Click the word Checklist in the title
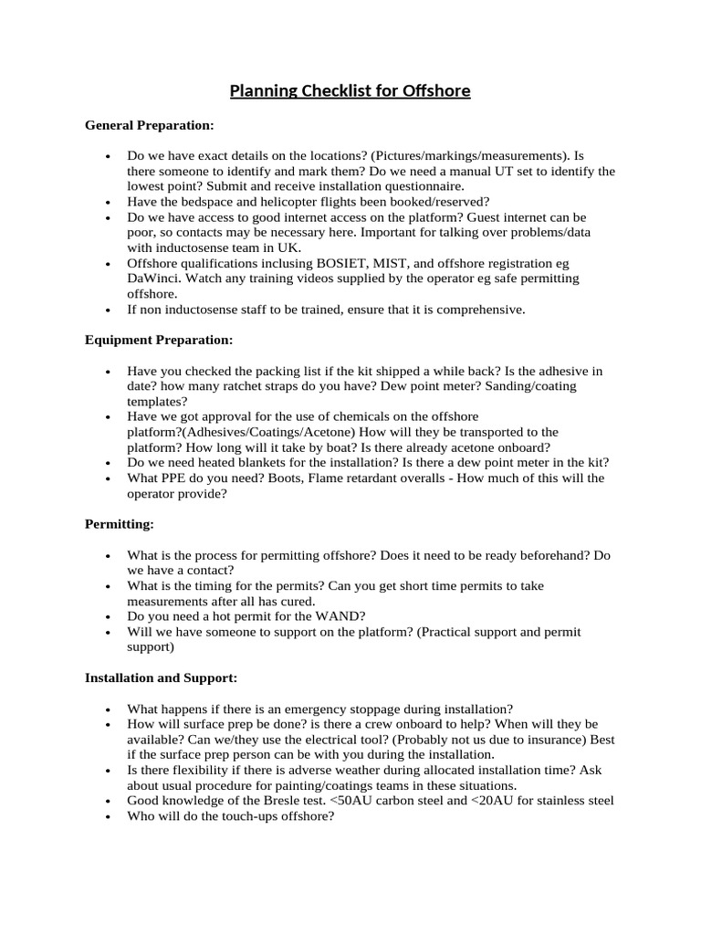[310, 91]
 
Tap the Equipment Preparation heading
[159, 340]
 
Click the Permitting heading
[120, 524]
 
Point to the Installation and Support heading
[161, 678]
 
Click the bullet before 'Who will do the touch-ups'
[109, 817]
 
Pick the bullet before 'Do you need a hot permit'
[109, 617]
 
